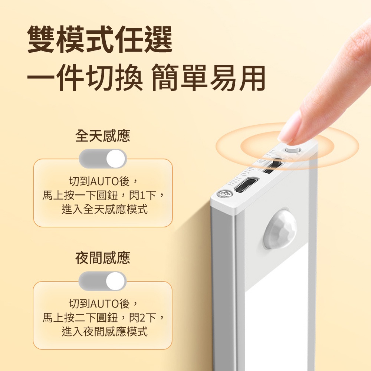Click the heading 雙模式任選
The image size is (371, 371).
coord(100,39)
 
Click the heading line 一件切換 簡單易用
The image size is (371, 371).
coord(146,78)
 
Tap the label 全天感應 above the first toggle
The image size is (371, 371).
coord(103,135)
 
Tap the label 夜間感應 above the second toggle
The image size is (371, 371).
coord(103,258)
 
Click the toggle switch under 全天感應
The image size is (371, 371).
coord(103,158)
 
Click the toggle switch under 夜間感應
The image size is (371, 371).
coord(102,281)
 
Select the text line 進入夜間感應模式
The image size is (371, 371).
coord(105,331)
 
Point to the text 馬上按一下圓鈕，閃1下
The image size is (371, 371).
coord(99,196)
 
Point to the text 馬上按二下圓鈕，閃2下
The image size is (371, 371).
coord(99,318)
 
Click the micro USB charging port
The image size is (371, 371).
coord(246,184)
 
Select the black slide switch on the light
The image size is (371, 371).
coord(273,165)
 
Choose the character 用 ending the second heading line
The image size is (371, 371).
coord(252,78)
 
